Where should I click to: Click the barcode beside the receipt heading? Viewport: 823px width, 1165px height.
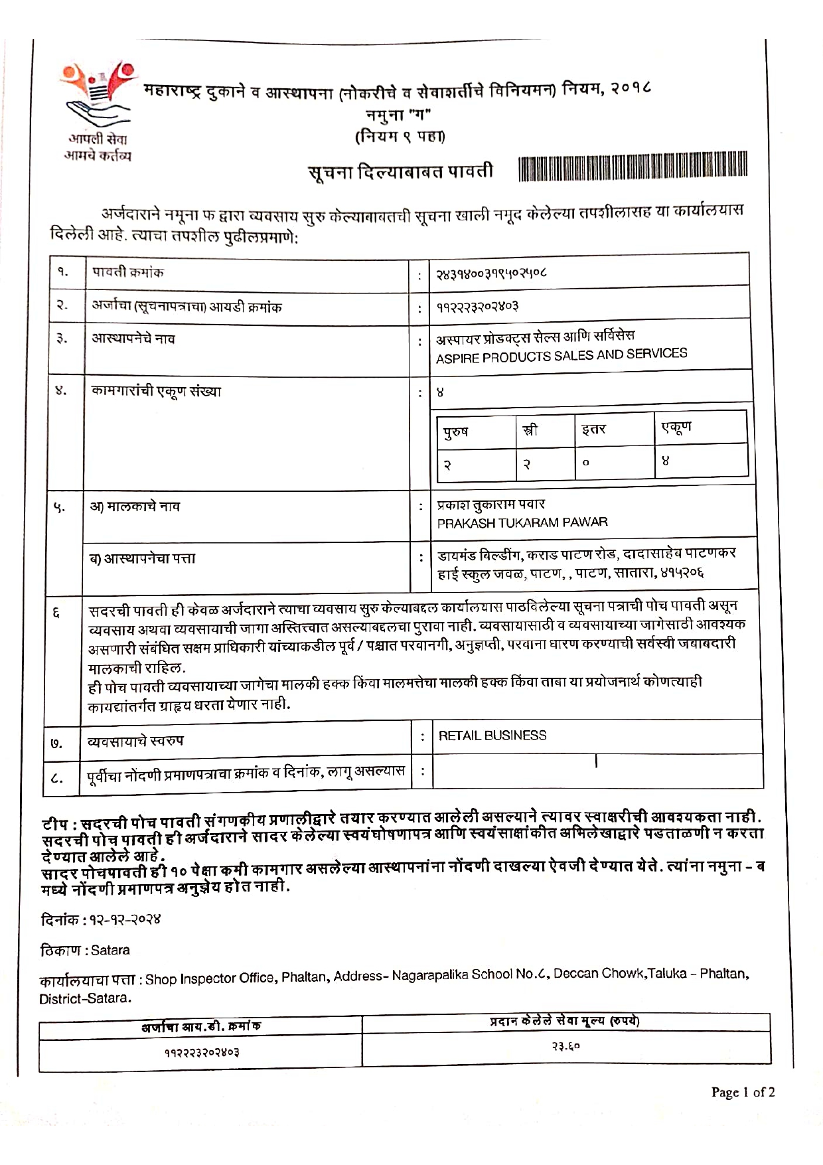point(633,167)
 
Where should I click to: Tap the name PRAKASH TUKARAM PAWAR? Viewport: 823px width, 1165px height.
point(522,522)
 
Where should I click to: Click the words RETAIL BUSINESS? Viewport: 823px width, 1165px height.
point(492,736)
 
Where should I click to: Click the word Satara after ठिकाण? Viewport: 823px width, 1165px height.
point(110,950)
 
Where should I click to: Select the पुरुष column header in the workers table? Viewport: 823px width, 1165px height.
point(457,431)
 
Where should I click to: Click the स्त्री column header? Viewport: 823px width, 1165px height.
point(530,430)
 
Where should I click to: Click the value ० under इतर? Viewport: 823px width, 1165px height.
point(585,463)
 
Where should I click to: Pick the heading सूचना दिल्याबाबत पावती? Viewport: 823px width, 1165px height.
point(401,172)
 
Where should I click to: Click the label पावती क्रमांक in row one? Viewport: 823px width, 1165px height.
point(127,272)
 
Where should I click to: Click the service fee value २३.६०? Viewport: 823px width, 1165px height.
point(565,1046)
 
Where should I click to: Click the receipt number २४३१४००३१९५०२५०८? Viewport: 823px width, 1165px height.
point(491,273)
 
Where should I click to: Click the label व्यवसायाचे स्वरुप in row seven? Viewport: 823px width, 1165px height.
point(135,740)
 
